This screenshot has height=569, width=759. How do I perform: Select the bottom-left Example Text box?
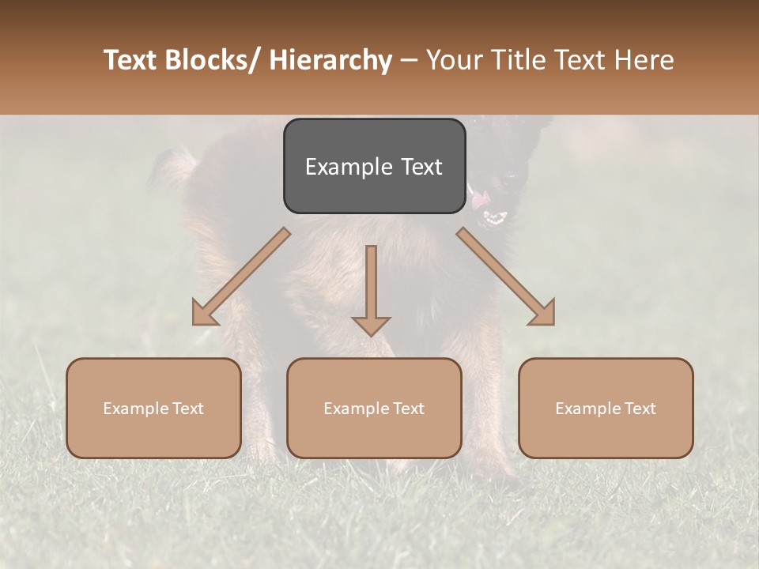click(153, 408)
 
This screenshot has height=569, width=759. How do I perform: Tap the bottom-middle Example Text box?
click(374, 408)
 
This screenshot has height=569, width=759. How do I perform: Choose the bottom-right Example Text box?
click(606, 408)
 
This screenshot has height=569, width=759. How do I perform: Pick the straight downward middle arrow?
click(371, 284)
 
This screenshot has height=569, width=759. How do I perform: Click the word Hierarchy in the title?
click(330, 60)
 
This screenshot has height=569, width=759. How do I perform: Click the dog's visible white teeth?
click(496, 218)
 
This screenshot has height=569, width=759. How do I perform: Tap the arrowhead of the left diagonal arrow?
click(204, 314)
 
